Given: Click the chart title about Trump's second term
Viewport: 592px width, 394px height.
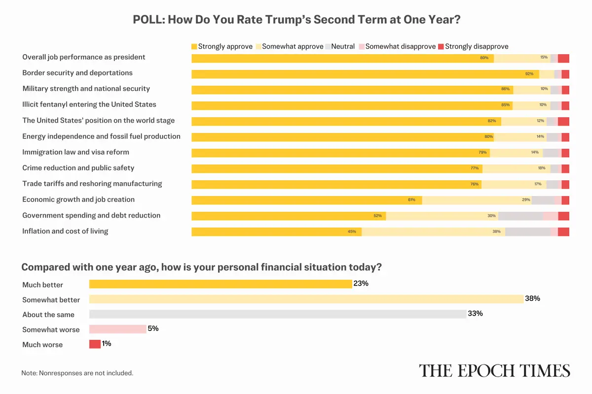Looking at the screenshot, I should [296, 20].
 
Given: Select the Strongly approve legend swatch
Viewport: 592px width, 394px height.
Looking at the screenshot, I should [194, 46].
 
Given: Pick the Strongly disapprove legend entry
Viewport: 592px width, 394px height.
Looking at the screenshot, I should [473, 46].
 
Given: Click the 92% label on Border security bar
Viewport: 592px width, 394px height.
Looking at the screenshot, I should [529, 74].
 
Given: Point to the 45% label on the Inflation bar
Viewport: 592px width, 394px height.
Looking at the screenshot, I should [352, 231].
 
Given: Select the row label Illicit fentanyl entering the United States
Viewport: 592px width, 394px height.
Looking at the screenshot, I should [89, 104].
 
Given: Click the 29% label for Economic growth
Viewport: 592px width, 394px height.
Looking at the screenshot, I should [526, 200].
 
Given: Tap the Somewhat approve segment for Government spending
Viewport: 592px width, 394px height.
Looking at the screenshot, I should [442, 216].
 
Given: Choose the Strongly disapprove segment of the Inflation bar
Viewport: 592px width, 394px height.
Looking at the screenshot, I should [563, 231].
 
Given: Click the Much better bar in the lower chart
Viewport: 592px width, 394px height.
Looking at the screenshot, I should [220, 284].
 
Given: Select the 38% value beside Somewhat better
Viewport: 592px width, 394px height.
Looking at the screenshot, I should [533, 298].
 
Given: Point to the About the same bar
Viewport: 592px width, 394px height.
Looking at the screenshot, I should [277, 314].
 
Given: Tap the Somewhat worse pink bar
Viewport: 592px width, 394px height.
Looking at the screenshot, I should [117, 329].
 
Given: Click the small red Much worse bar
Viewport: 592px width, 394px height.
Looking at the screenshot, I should [95, 344].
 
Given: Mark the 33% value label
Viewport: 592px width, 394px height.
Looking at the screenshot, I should [475, 314].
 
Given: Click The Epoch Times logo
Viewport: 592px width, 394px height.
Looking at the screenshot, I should [494, 370].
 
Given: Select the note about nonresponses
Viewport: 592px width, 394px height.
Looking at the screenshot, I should [77, 373].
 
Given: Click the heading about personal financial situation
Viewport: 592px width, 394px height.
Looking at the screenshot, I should [202, 267].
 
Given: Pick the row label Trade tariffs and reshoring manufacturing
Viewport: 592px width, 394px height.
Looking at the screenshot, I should [92, 184].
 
